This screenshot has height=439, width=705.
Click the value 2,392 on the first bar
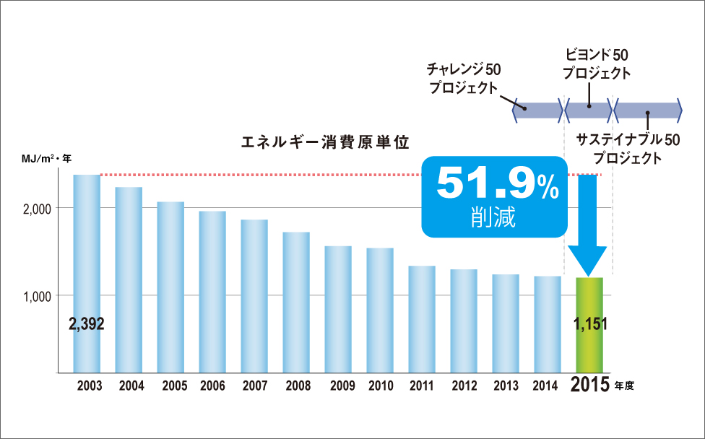tap(87, 324)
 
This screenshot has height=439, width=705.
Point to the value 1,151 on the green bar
tap(589, 324)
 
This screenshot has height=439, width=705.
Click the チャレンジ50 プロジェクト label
tap(462, 79)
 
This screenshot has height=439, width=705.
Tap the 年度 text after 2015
tap(624, 386)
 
